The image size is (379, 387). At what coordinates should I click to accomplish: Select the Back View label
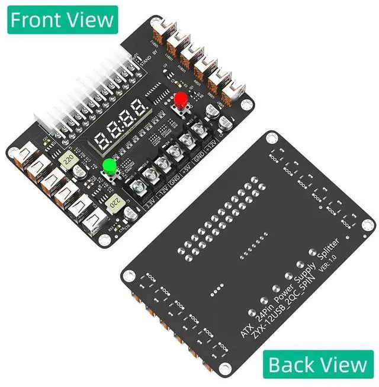pyautogui.click(x=318, y=364)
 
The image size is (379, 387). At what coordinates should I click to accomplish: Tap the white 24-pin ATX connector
pyautogui.click(x=89, y=98)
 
